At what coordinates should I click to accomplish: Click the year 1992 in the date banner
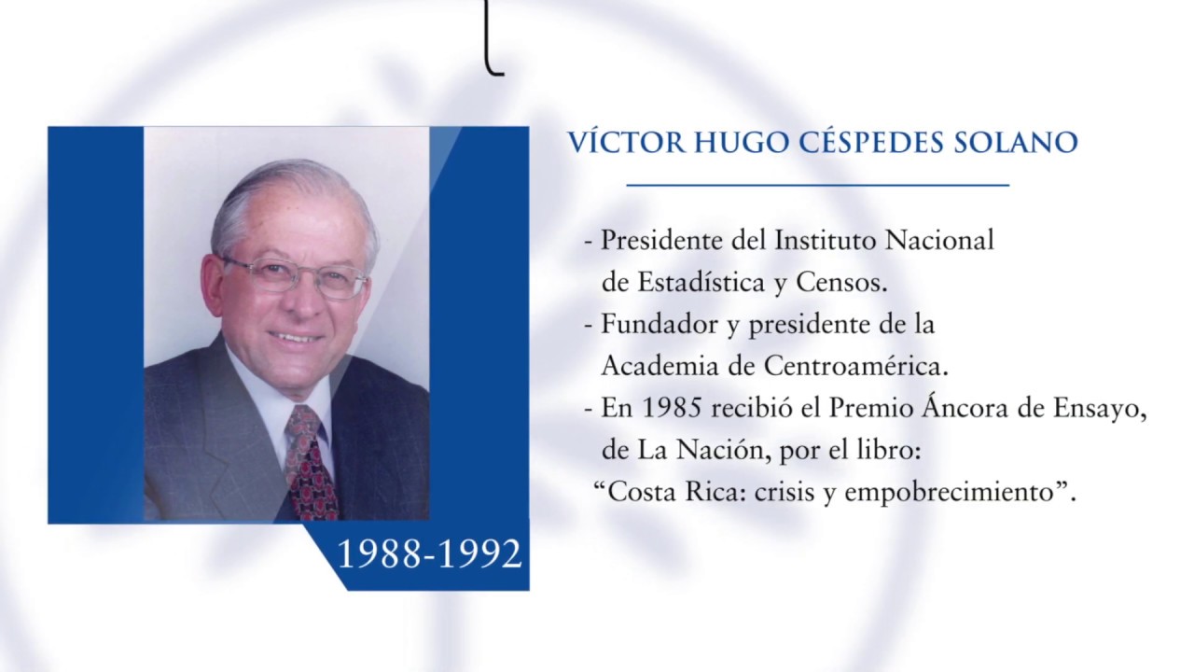pos(480,554)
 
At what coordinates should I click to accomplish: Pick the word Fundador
pos(655,325)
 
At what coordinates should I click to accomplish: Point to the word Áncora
pos(975,409)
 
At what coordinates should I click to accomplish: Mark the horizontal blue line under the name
pos(817,185)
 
